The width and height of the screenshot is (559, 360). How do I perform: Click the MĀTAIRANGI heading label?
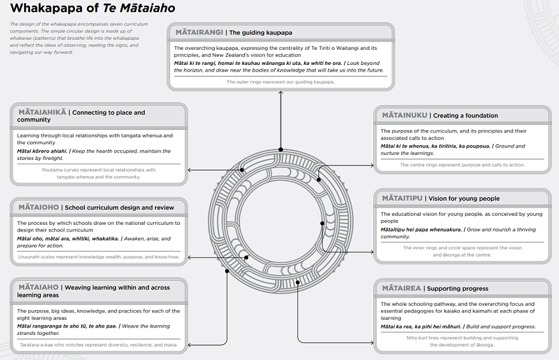199,32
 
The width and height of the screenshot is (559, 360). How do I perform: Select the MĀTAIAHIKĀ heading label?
41,112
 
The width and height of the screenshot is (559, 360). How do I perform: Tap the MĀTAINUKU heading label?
405,115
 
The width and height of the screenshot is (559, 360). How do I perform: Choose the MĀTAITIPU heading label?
401,198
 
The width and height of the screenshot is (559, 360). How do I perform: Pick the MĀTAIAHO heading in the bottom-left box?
38,287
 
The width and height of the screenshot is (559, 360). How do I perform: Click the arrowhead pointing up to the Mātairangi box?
281,93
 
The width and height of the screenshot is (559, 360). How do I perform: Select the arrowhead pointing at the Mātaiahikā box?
190,169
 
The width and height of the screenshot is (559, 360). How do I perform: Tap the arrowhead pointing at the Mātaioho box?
190,257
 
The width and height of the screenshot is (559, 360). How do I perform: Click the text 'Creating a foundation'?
465,116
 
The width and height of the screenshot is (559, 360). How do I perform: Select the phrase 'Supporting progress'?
457,289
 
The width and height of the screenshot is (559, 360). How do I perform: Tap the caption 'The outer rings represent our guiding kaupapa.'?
280,82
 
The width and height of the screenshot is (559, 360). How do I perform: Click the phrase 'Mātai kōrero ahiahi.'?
42,151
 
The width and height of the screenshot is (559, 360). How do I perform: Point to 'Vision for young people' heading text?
464,198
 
